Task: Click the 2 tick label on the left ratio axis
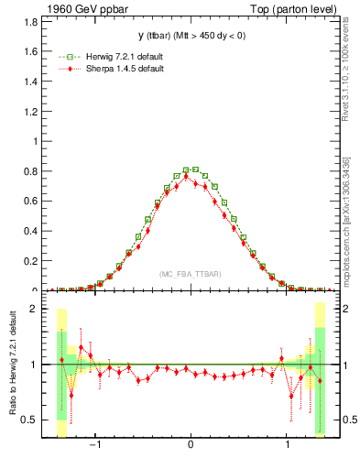tap(32, 309)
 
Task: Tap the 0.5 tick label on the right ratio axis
tap(349, 420)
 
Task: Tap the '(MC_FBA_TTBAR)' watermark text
tap(190, 275)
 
